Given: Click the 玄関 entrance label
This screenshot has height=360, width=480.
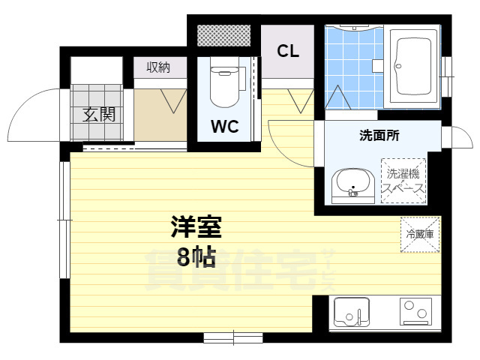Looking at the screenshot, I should [99, 115].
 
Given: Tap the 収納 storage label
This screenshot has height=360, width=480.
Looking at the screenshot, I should [157, 67].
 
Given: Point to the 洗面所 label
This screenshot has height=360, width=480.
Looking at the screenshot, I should [379, 136].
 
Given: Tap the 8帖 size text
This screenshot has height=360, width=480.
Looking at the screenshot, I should [196, 257].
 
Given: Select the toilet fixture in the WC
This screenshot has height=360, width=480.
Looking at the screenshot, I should [223, 85].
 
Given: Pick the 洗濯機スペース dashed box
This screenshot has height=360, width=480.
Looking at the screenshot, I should [404, 181].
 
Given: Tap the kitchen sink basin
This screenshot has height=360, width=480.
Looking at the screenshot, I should [349, 312].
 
